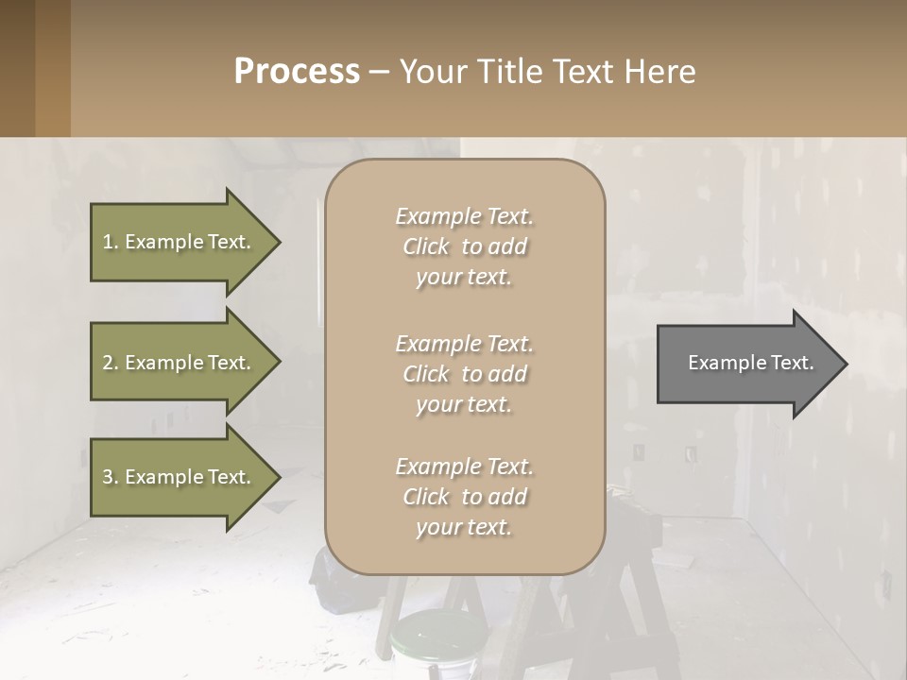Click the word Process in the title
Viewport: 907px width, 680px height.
point(297,72)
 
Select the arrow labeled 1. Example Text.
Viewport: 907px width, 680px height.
point(180,242)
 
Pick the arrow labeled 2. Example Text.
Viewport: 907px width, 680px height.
point(180,363)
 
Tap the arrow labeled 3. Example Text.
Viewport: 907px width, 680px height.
point(180,477)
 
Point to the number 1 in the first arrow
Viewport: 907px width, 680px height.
point(108,242)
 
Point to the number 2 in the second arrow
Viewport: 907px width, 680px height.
point(108,363)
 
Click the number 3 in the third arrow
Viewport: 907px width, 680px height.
point(108,477)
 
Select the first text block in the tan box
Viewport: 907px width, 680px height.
point(464,246)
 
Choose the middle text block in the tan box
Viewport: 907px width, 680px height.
point(464,374)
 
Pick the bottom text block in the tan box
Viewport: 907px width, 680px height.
point(464,497)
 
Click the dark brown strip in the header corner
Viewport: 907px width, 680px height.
point(17,68)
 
